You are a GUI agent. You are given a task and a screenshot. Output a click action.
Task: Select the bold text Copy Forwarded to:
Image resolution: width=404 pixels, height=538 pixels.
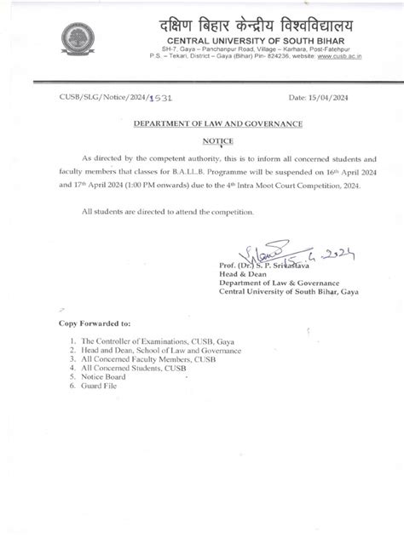[95, 324]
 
